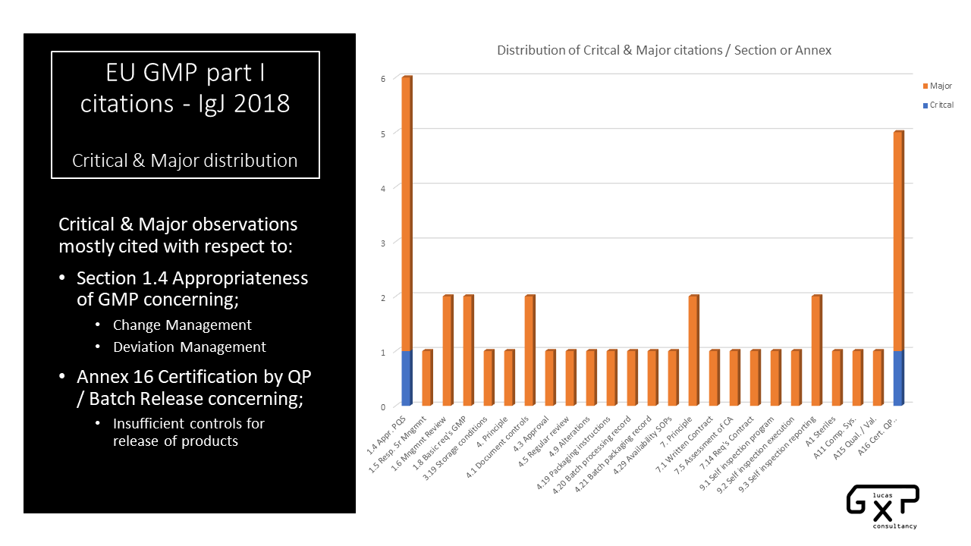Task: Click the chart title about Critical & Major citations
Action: (x=664, y=51)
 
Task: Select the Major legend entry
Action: (x=940, y=86)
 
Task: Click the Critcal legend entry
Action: (x=941, y=105)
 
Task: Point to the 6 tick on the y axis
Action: (x=383, y=78)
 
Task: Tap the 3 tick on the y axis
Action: (x=383, y=243)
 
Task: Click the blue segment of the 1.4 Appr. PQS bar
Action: (x=406, y=378)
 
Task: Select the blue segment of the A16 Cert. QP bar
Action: (x=897, y=378)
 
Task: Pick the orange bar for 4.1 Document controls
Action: (x=529, y=350)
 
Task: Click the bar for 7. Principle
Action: (x=693, y=350)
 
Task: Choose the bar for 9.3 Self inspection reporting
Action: (x=815, y=350)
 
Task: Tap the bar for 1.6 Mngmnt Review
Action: (x=447, y=350)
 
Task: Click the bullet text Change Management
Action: (x=182, y=325)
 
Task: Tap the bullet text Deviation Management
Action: (x=190, y=347)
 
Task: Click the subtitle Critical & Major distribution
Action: (x=185, y=161)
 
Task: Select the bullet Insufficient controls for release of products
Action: (x=189, y=432)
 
